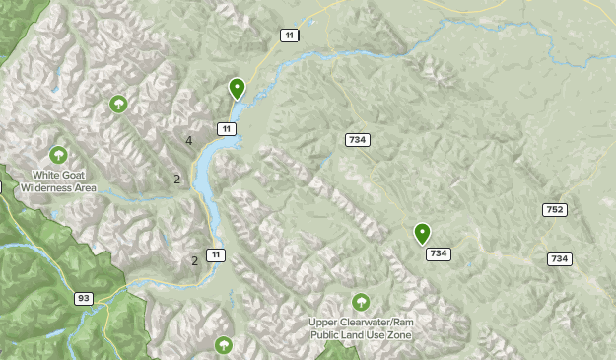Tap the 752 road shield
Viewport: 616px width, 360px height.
click(554, 209)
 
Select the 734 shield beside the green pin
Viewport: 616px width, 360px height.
click(439, 254)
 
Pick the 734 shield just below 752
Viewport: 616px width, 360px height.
click(560, 258)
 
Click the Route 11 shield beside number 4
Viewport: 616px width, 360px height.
click(227, 129)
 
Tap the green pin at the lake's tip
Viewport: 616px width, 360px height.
click(237, 89)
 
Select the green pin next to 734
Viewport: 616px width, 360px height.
click(422, 234)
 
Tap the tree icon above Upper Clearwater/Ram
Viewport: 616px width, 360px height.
click(361, 302)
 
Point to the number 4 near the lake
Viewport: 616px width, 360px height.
click(188, 141)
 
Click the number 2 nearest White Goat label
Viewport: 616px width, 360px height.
click(176, 180)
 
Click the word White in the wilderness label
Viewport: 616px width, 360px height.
click(46, 175)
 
